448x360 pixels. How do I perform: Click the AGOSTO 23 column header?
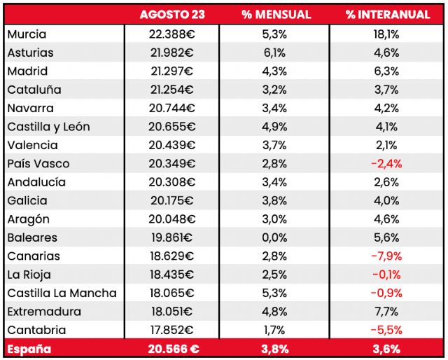[171, 15]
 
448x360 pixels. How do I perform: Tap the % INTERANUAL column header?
[387, 15]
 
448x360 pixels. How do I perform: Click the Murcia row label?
[27, 34]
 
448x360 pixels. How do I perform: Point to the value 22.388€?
[171, 34]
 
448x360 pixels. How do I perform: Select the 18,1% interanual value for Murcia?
[386, 34]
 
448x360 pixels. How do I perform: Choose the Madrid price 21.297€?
[171, 71]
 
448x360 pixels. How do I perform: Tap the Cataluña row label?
[34, 90]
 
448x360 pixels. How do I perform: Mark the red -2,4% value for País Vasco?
[386, 164]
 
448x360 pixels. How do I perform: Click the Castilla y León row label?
[48, 127]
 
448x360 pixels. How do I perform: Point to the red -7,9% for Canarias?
[386, 256]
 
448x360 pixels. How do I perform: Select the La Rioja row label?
[29, 275]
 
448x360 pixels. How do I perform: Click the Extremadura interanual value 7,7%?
[386, 312]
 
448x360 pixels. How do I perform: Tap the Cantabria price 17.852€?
[171, 330]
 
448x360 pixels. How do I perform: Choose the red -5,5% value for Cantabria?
[386, 330]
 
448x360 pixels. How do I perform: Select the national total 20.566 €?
[173, 349]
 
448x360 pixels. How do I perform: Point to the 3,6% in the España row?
[386, 349]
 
